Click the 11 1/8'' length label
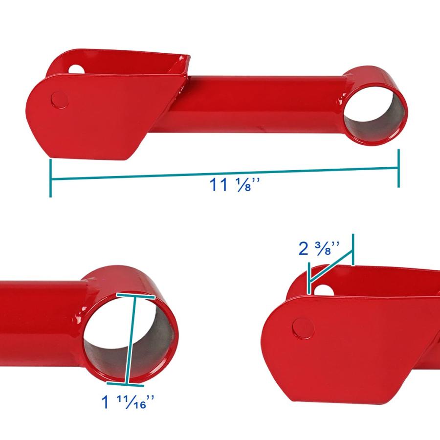[x=235, y=185]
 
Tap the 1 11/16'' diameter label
[x=128, y=401]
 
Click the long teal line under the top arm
[x=224, y=174]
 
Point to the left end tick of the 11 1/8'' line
[x=50, y=178]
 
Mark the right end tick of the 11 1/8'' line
[x=398, y=168]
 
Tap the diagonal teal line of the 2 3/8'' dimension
[x=331, y=266]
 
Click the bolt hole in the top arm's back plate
[x=75, y=69]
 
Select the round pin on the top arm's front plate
[x=60, y=100]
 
